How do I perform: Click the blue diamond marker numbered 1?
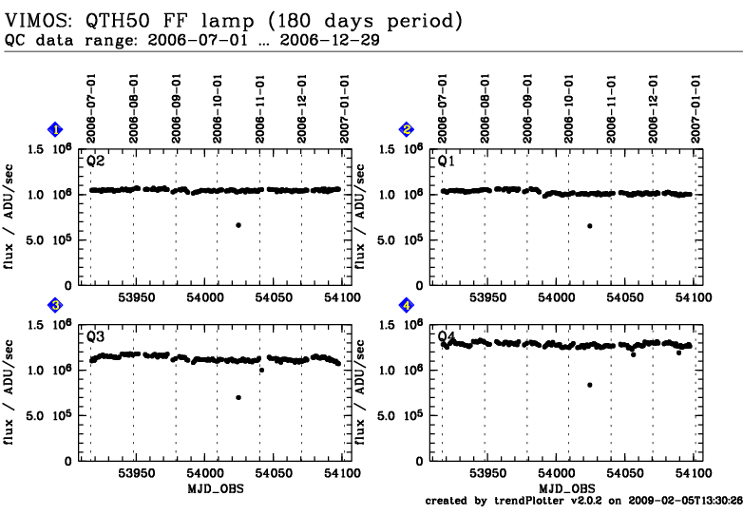[56, 129]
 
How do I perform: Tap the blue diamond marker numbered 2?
[407, 129]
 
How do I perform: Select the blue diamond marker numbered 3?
[56, 305]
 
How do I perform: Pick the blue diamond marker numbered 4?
[407, 305]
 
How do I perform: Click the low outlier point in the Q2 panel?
[238, 225]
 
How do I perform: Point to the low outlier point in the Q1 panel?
[590, 226]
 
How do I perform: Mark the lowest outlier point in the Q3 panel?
[238, 397]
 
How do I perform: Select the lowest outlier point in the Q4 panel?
[590, 385]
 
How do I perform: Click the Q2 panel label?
[96, 162]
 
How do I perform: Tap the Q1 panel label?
[447, 162]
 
